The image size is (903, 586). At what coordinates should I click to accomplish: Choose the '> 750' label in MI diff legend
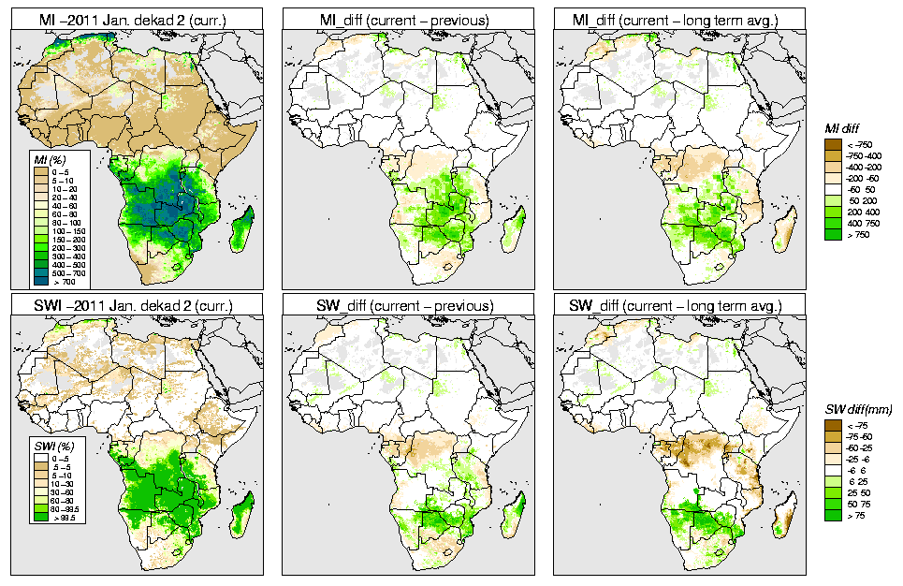(x=856, y=235)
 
